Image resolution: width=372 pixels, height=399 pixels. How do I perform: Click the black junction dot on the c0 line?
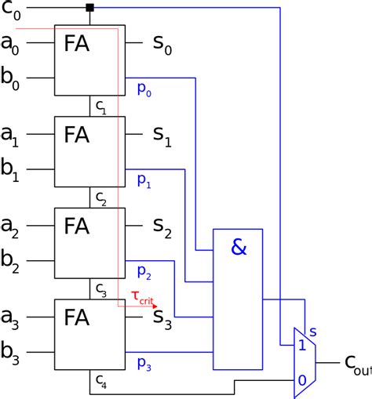pyautogui.click(x=89, y=8)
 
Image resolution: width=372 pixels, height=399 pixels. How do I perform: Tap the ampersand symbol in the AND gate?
pyautogui.click(x=239, y=247)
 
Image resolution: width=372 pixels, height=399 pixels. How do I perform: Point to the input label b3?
pyautogui.click(x=10, y=353)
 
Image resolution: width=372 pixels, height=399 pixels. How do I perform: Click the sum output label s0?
pyautogui.click(x=162, y=45)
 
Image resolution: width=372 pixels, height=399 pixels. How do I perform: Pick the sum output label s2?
pyautogui.click(x=162, y=228)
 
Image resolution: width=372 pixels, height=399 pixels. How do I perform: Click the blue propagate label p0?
pyautogui.click(x=144, y=90)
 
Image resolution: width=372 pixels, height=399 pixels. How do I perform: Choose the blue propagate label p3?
pyautogui.click(x=144, y=365)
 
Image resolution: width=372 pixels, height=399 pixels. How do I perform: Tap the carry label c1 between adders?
pyautogui.click(x=101, y=107)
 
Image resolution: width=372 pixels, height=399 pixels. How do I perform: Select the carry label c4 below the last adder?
pyautogui.click(x=101, y=382)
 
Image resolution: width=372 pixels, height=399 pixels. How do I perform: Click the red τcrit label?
pyautogui.click(x=142, y=298)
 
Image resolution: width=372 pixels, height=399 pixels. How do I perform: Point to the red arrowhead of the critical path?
pyautogui.click(x=155, y=307)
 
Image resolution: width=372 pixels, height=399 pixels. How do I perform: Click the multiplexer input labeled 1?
pyautogui.click(x=302, y=346)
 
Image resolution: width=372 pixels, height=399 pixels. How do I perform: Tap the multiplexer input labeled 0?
pyautogui.click(x=302, y=380)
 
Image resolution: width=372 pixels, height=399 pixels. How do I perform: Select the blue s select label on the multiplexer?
pyautogui.click(x=313, y=332)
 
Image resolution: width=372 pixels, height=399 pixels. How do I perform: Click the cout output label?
pyautogui.click(x=359, y=365)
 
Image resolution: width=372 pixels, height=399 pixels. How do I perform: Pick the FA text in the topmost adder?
pyautogui.click(x=77, y=43)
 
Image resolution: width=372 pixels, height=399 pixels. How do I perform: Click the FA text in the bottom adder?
pyautogui.click(x=77, y=317)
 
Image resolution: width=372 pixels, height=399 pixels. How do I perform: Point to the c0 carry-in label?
pyautogui.click(x=11, y=10)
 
